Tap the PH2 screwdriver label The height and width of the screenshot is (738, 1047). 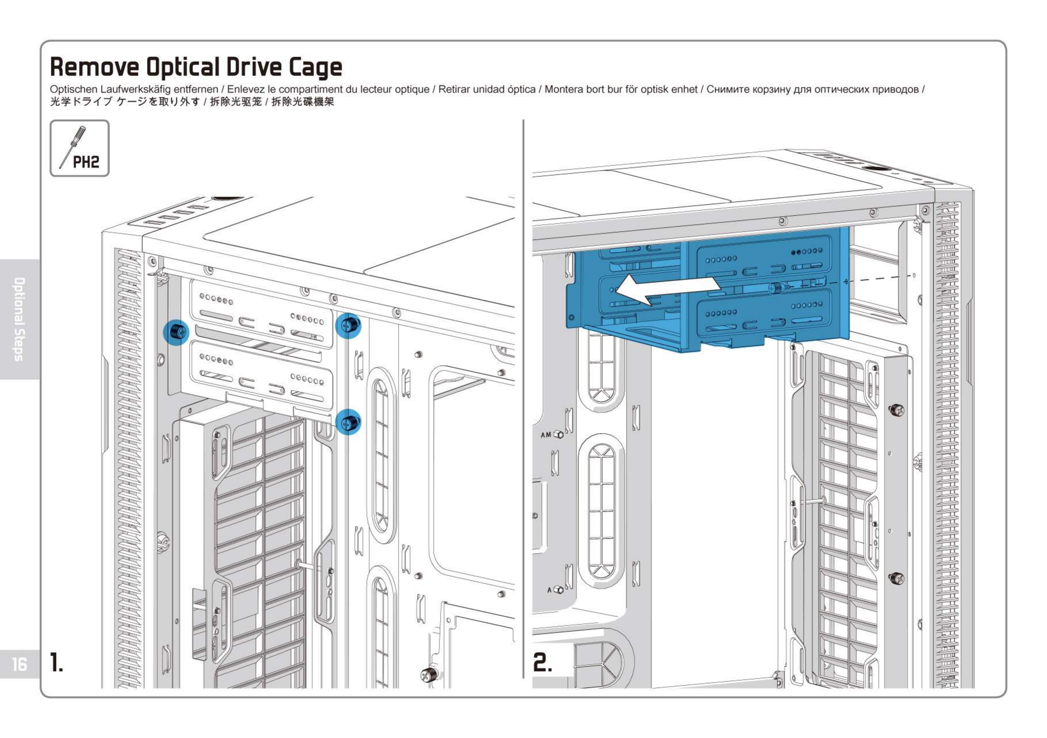pos(86,162)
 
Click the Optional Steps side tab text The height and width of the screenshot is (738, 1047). pos(19,319)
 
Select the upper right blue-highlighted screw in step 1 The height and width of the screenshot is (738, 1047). pos(349,325)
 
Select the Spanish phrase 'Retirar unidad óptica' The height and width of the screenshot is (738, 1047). pos(487,90)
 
